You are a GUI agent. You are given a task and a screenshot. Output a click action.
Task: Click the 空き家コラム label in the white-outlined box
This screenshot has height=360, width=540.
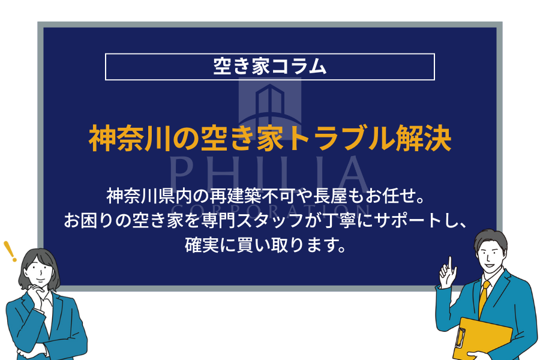pos(269,67)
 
